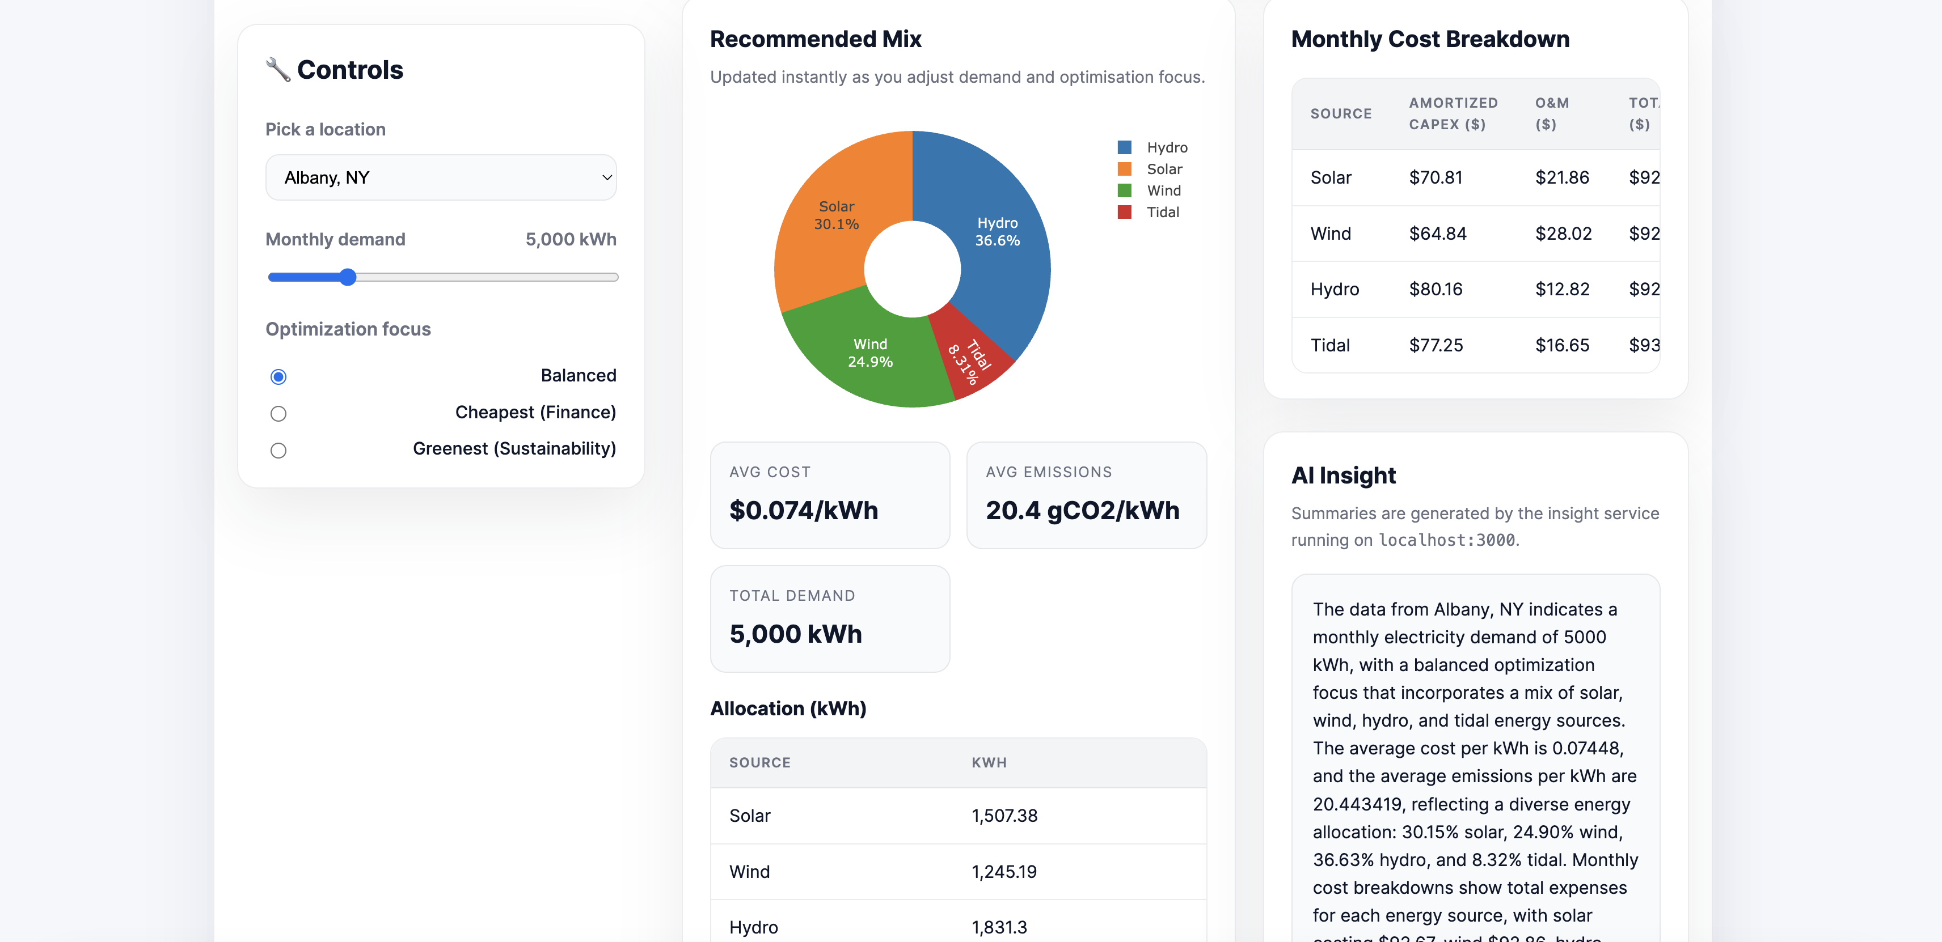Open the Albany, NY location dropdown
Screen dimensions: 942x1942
pyautogui.click(x=441, y=178)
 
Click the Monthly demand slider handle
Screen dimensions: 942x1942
pyautogui.click(x=348, y=277)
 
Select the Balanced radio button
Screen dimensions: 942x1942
pyautogui.click(x=278, y=377)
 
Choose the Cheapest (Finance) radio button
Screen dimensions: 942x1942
pyautogui.click(x=278, y=414)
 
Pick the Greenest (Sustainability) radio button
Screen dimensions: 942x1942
pyautogui.click(x=278, y=451)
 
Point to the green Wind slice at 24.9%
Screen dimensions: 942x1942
pyautogui.click(x=867, y=354)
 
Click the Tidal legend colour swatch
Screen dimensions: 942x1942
pyautogui.click(x=1124, y=213)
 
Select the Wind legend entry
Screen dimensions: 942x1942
pyautogui.click(x=1163, y=190)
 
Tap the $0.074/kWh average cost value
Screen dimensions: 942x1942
pyautogui.click(x=804, y=511)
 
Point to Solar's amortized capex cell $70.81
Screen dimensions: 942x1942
pyautogui.click(x=1436, y=178)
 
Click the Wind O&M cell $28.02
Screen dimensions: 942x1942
pyautogui.click(x=1563, y=234)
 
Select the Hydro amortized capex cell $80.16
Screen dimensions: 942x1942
pyautogui.click(x=1436, y=290)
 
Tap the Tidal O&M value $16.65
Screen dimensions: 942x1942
pyautogui.click(x=1562, y=345)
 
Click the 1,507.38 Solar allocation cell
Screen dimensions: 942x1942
pyautogui.click(x=1004, y=816)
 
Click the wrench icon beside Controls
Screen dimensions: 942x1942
pyautogui.click(x=277, y=69)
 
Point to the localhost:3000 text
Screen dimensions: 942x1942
pyautogui.click(x=1446, y=540)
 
